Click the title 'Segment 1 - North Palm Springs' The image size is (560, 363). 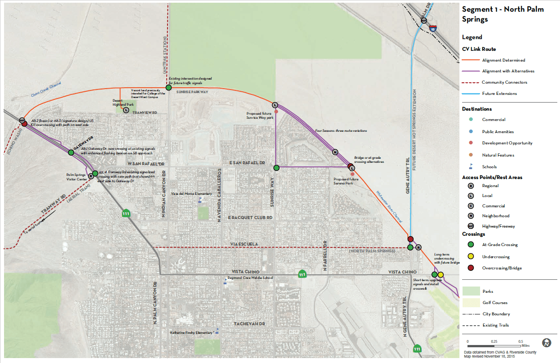[503, 14]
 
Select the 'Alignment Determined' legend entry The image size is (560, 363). [503, 60]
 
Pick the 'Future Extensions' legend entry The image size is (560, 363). [499, 94]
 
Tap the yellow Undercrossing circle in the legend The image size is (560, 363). [470, 257]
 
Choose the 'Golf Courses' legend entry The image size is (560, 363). [495, 303]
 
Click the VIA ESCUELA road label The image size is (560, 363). [245, 244]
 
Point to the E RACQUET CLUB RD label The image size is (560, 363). [251, 218]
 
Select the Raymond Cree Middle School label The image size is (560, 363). [250, 278]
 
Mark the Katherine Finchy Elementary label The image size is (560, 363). [192, 333]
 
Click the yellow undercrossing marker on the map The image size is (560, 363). [441, 275]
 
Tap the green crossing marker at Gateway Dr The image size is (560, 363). [71, 152]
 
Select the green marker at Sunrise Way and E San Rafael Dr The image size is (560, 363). [277, 168]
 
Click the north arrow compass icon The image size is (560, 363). [547, 343]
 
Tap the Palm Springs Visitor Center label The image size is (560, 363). [76, 177]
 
